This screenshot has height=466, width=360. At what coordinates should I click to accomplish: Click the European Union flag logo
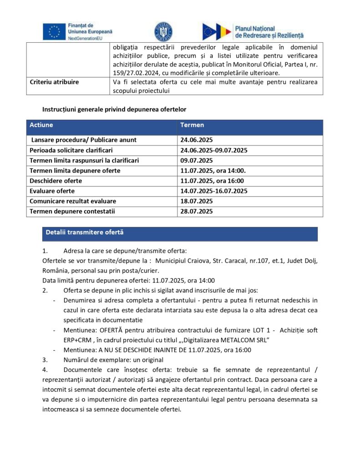tap(54, 31)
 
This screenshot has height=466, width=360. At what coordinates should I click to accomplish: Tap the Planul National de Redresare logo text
tap(269, 31)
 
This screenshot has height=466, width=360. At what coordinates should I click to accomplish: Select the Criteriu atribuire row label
tap(54, 82)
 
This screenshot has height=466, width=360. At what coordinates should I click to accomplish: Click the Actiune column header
tap(41, 125)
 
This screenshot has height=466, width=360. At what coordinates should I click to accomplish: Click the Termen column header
tap(192, 125)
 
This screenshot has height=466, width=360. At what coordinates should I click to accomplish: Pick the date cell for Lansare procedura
tap(197, 140)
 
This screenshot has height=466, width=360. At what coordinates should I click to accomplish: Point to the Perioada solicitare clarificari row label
tap(71, 150)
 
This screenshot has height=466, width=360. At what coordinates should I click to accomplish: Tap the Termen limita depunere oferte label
tap(75, 171)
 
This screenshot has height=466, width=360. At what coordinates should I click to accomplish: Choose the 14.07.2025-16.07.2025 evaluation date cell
tap(214, 191)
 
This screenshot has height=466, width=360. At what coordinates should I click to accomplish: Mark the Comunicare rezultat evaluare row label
tap(73, 201)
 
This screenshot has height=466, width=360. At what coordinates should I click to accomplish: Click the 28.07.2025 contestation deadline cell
tap(197, 211)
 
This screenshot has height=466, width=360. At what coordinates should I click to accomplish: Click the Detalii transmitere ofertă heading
tap(84, 232)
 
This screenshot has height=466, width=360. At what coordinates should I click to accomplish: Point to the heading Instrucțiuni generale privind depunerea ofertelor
tap(114, 110)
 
